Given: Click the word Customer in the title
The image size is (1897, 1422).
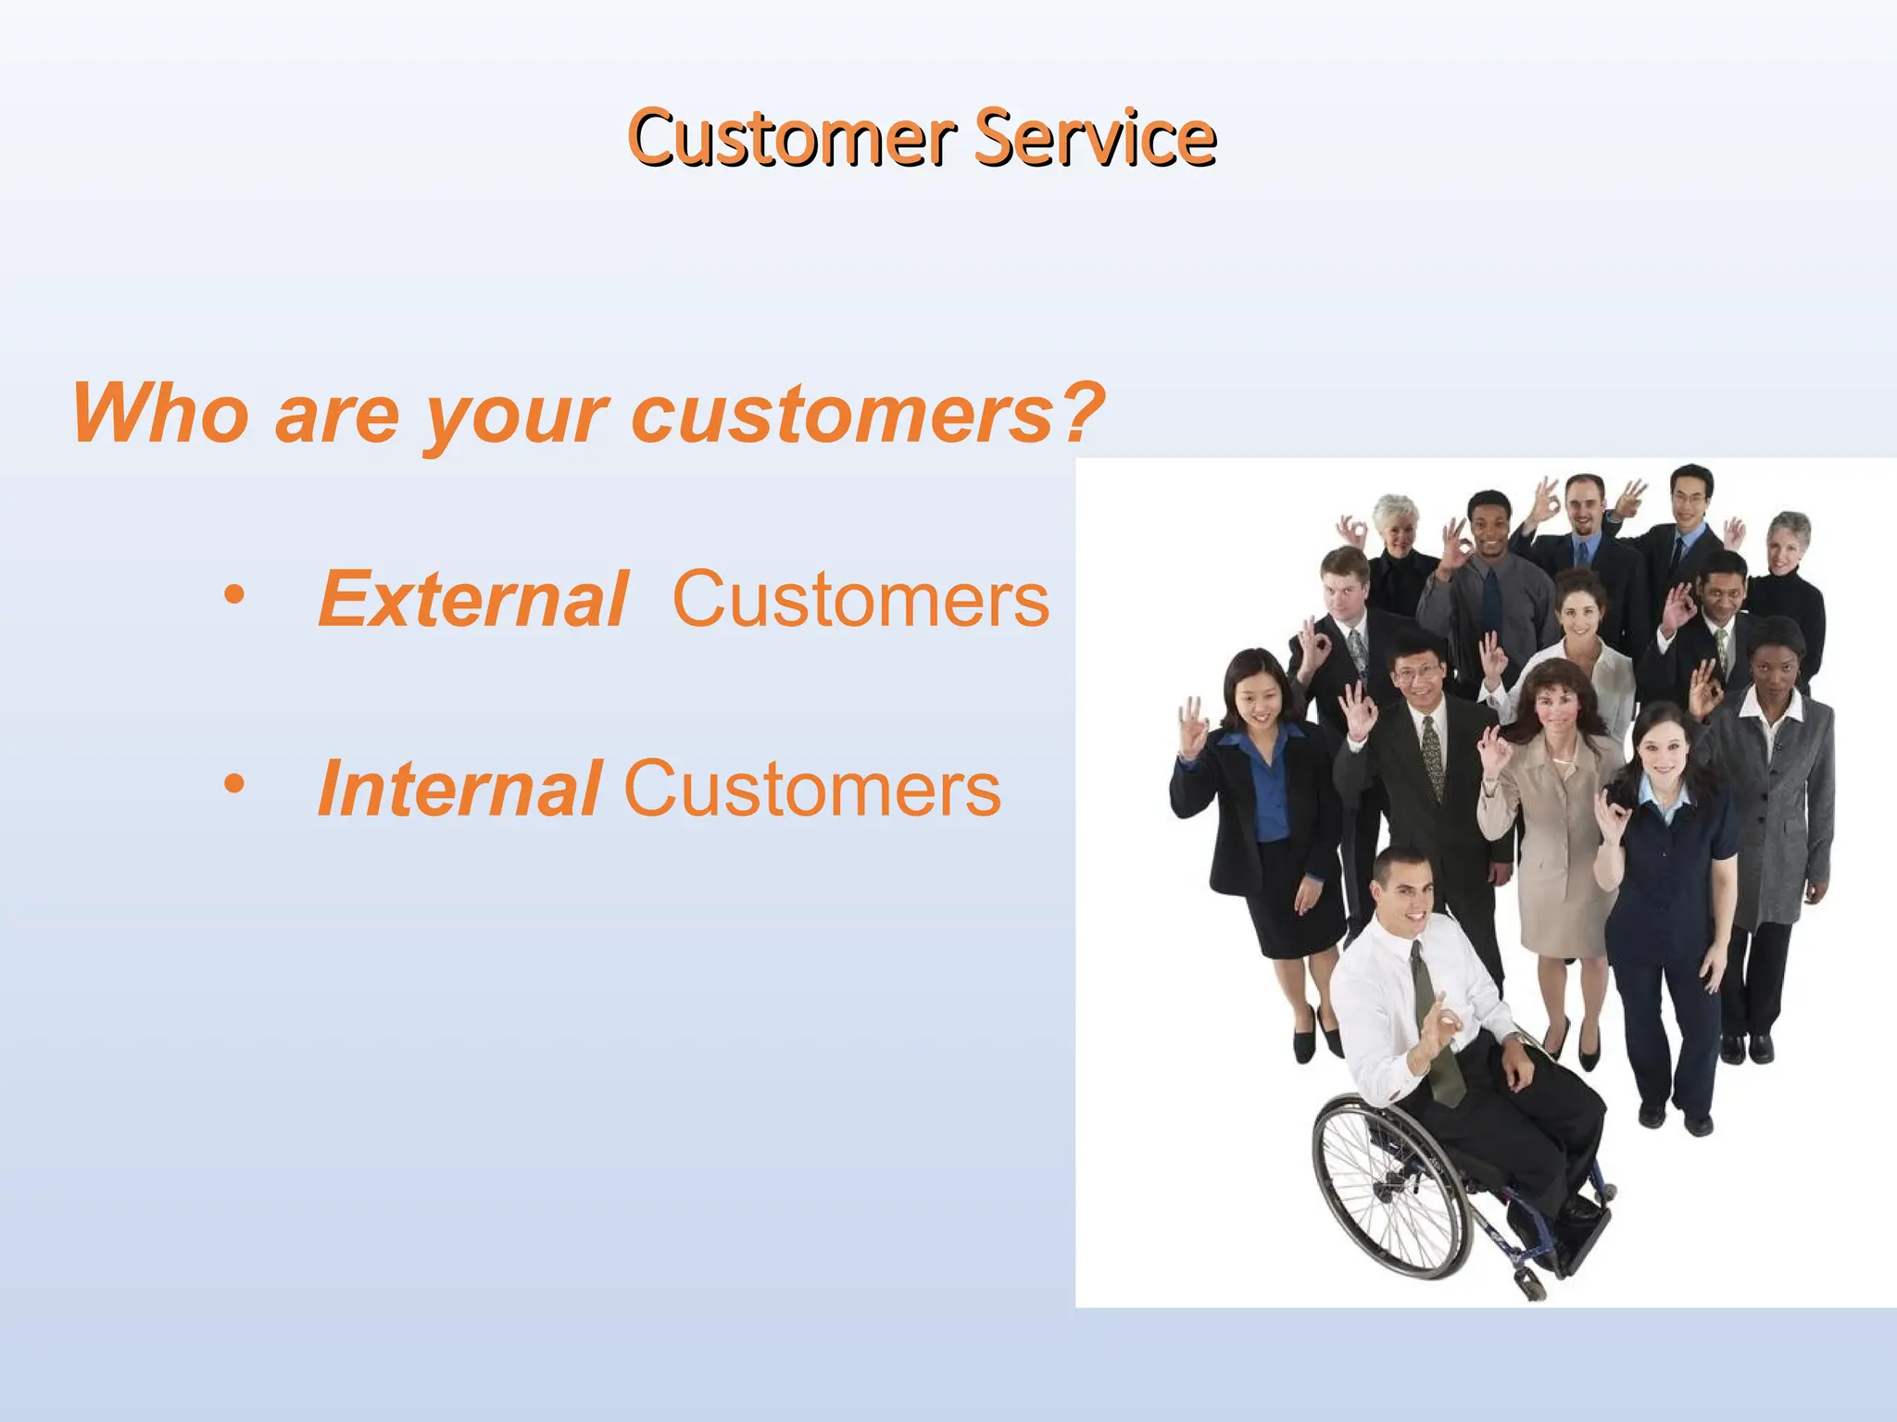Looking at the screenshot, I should click(792, 139).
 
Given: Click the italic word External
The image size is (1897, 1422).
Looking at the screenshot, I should click(473, 600).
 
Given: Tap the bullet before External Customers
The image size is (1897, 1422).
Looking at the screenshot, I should click(234, 595).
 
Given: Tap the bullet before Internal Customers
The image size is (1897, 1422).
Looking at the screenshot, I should click(234, 784).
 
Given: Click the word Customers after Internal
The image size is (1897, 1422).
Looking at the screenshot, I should click(812, 789).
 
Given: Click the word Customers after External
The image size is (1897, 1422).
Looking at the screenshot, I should click(861, 600).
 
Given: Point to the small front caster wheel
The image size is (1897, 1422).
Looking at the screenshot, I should click(1529, 1283).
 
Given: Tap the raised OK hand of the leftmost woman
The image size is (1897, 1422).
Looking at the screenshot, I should click(1192, 727).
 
